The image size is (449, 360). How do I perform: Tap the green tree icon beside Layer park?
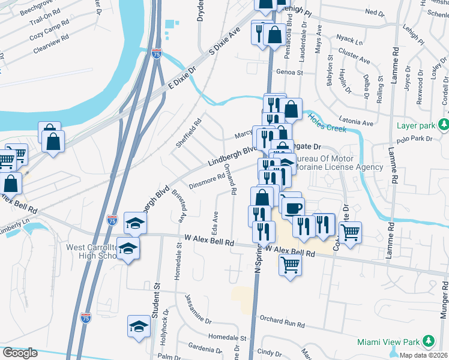[443, 125]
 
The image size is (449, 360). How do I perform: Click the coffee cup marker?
[294, 208]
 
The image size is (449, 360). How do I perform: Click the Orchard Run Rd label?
[280, 322]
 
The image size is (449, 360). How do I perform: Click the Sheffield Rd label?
[185, 133]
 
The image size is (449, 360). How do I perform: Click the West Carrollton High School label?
[90, 252]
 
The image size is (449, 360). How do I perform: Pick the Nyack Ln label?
[350, 42]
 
